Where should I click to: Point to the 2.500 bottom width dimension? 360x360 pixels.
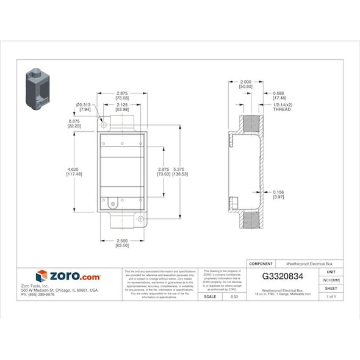[122, 243]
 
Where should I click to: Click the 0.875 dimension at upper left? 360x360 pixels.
[74, 124]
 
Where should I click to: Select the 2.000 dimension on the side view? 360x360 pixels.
[245, 84]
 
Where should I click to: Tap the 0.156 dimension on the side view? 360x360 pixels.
[278, 194]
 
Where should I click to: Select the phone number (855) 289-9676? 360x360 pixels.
[38, 295]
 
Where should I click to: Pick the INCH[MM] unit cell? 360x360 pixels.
[331, 280]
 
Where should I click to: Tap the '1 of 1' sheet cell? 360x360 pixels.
[331, 296]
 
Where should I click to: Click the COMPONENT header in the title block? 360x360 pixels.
[262, 263]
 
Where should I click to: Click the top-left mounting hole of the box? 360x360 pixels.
[103, 124]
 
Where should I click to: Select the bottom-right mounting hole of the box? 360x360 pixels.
[141, 218]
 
